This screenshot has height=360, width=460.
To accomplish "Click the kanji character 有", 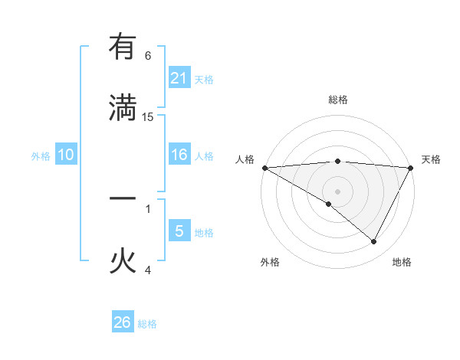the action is click(x=123, y=47).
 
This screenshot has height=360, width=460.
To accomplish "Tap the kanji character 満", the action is click(x=123, y=108).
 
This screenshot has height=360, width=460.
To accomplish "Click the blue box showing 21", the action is click(x=179, y=78).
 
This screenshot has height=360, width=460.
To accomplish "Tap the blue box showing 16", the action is click(x=179, y=155).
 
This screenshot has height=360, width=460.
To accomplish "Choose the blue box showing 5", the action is click(x=179, y=231).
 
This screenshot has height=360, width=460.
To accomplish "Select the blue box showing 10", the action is click(x=66, y=155).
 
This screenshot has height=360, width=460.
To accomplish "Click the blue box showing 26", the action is click(x=123, y=322).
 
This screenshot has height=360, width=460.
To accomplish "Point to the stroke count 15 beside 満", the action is click(x=148, y=117).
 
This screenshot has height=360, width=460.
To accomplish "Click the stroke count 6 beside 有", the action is click(x=148, y=56).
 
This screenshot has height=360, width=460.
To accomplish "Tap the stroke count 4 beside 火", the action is click(x=148, y=270).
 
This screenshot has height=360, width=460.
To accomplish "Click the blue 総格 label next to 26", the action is click(x=147, y=324).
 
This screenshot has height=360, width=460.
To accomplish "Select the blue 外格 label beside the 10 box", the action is click(x=41, y=156).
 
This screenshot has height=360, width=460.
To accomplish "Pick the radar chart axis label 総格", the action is click(x=337, y=100).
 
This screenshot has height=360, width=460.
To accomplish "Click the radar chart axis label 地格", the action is click(x=402, y=262).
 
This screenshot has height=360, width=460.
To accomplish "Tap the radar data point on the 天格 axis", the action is click(x=411, y=168).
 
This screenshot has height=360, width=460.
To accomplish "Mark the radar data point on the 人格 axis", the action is click(x=264, y=168).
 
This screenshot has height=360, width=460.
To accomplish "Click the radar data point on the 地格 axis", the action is click(x=374, y=242).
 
